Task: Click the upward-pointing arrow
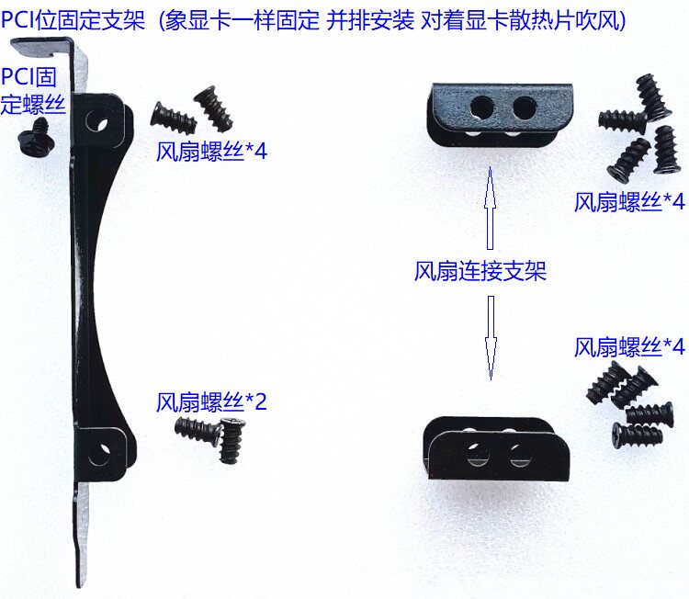pyautogui.click(x=490, y=208)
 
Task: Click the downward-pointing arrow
pyautogui.click(x=491, y=337)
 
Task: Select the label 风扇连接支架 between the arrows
pyautogui.click(x=480, y=272)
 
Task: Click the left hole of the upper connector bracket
pyautogui.click(x=481, y=107)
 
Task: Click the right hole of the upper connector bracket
pyautogui.click(x=523, y=107)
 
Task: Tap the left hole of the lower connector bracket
pyautogui.click(x=477, y=455)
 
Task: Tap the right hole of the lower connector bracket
pyautogui.click(x=520, y=455)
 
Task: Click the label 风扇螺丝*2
pyautogui.click(x=211, y=401)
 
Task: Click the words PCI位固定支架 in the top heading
pyautogui.click(x=73, y=19)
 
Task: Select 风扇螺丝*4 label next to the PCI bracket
pyautogui.click(x=211, y=152)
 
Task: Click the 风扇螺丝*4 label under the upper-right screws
pyautogui.click(x=629, y=202)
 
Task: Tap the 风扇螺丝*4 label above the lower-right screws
pyautogui.click(x=629, y=346)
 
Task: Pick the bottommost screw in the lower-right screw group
pyautogui.click(x=638, y=435)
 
